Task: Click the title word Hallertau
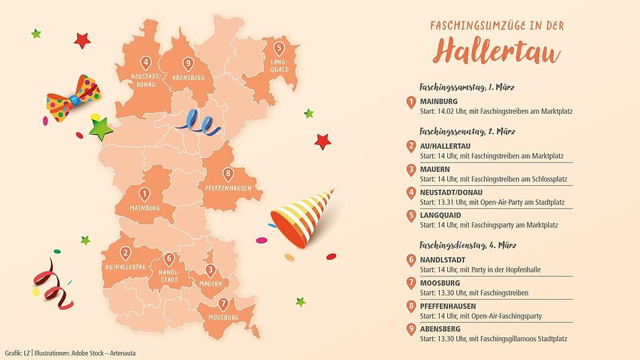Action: [496, 52]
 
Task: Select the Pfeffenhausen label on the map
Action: [229, 188]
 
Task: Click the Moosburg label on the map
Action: [223, 317]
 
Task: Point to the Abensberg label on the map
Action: [188, 78]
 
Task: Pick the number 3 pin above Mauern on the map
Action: [210, 270]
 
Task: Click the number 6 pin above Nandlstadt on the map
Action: [169, 259]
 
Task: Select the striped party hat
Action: [301, 216]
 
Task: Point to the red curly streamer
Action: [54, 284]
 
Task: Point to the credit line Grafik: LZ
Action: [17, 353]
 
